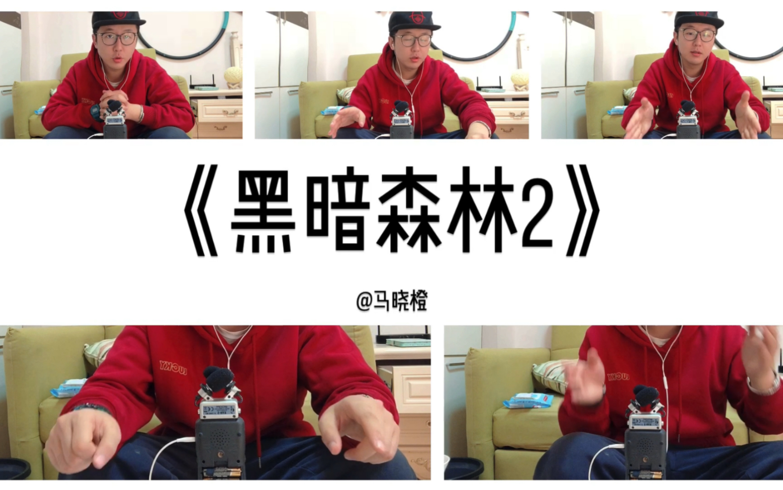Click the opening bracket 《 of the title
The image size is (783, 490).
[x=201, y=211]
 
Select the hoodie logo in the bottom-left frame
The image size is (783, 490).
[x=173, y=368]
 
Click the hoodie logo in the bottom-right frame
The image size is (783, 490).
[x=617, y=377]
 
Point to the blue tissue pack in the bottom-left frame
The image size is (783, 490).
[x=67, y=388]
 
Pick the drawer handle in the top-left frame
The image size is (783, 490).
[x=230, y=113]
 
